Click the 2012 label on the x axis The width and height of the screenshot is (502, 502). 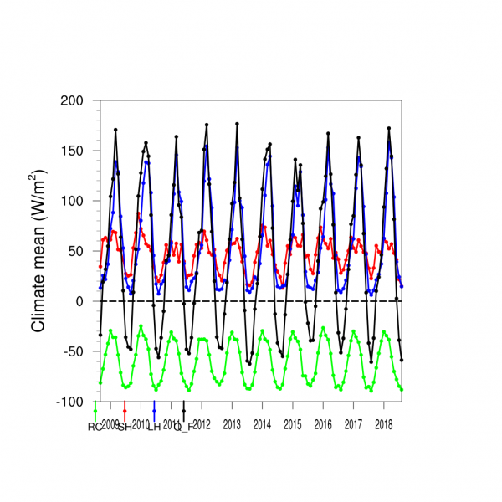[x=202, y=425]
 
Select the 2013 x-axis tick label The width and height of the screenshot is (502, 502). [x=232, y=425]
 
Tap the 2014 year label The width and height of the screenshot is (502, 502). [x=262, y=425]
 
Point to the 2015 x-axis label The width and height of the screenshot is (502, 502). [x=293, y=425]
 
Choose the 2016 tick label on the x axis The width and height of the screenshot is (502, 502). [x=323, y=425]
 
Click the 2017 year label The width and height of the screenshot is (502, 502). [x=353, y=425]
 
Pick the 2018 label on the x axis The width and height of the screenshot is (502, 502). [x=384, y=425]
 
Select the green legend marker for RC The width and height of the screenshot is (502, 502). [x=95, y=410]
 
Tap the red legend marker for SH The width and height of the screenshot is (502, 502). [x=125, y=410]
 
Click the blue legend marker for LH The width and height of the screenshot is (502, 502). [x=155, y=410]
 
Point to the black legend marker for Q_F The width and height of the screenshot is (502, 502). [x=184, y=410]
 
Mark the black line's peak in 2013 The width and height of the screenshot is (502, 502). [x=237, y=124]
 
